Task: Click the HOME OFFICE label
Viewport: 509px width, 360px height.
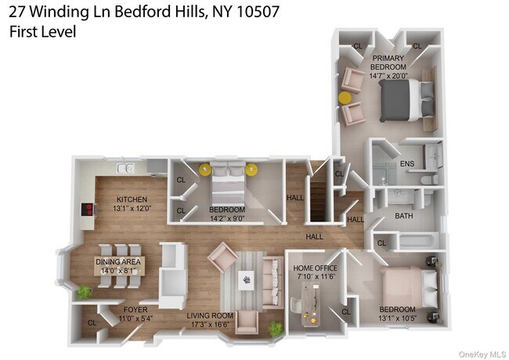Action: click(x=314, y=268)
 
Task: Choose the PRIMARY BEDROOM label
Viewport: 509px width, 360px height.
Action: click(x=388, y=63)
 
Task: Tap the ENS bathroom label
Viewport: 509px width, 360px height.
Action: click(x=406, y=164)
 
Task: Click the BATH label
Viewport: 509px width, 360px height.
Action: click(x=404, y=215)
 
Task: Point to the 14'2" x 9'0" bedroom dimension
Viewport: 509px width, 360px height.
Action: click(x=227, y=220)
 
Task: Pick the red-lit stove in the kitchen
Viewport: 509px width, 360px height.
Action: click(x=90, y=210)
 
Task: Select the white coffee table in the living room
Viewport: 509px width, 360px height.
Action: click(x=247, y=278)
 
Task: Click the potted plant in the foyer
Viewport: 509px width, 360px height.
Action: click(x=84, y=292)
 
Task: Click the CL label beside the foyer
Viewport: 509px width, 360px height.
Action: click(x=91, y=322)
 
